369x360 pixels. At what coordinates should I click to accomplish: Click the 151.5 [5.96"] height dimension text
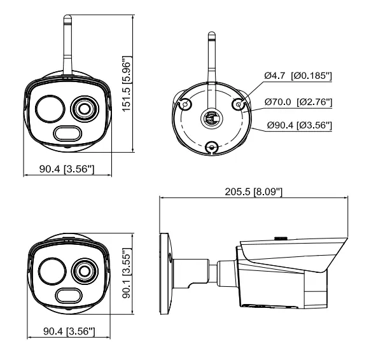tap(126, 84)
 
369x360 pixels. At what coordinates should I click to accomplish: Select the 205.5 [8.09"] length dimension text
tap(253, 191)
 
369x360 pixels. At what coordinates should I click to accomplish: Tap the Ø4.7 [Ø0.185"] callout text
tap(298, 76)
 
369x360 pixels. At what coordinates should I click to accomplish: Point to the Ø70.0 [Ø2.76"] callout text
tap(298, 102)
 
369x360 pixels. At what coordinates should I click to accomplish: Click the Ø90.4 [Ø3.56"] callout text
tap(300, 125)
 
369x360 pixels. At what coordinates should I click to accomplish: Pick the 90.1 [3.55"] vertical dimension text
tap(127, 273)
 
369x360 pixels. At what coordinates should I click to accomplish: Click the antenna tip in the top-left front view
tap(67, 17)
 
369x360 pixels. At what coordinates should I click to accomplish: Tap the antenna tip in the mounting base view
tap(212, 33)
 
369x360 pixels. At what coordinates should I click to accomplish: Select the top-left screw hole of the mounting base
tap(185, 104)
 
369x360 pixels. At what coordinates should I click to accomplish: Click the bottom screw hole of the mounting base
tap(212, 148)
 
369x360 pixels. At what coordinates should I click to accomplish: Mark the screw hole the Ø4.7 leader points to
tap(238, 104)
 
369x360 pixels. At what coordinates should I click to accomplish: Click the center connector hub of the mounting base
tap(212, 118)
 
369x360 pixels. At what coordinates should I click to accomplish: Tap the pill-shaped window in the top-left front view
tap(67, 134)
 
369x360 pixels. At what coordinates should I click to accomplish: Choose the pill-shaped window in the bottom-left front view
tap(69, 295)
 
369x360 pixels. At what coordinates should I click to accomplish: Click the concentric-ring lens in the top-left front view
tap(85, 109)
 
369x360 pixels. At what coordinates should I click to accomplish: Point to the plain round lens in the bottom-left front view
tap(52, 272)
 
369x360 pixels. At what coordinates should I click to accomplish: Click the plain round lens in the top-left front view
tap(50, 109)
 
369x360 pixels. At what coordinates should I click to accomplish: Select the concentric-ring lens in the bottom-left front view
tap(85, 272)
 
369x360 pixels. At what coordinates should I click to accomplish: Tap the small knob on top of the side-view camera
tap(281, 238)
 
